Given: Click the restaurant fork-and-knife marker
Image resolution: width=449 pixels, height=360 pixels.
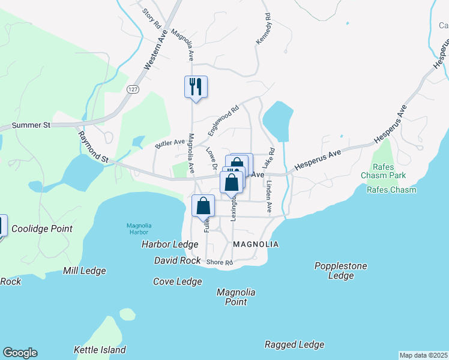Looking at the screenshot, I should (196, 87).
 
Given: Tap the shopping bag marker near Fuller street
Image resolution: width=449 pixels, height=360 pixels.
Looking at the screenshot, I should (203, 206).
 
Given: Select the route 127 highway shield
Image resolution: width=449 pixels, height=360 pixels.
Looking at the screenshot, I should (133, 88).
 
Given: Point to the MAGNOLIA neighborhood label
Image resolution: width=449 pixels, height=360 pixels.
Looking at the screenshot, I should (256, 244).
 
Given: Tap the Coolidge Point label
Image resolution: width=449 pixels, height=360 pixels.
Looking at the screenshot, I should (42, 229).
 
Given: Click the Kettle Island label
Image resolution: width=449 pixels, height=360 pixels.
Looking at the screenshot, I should (100, 350).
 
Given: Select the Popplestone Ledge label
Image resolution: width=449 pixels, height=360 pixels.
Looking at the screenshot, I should (341, 271).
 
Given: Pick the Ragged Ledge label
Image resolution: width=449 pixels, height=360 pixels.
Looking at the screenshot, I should (294, 344).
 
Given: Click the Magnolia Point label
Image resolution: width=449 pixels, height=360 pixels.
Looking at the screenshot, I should (236, 297).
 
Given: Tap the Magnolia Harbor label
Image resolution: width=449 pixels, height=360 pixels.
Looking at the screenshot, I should (139, 229).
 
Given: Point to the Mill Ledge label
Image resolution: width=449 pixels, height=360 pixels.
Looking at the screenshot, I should (85, 271).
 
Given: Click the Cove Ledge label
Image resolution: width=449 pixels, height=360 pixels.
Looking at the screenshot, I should (177, 281).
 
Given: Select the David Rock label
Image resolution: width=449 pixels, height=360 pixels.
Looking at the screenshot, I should (177, 261).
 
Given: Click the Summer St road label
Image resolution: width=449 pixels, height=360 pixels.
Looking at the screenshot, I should (31, 125).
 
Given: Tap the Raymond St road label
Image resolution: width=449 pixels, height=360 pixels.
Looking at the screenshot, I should (93, 148).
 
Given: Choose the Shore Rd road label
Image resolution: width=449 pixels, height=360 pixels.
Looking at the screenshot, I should (219, 263).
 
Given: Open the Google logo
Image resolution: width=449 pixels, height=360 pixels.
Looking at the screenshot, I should (20, 353).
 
